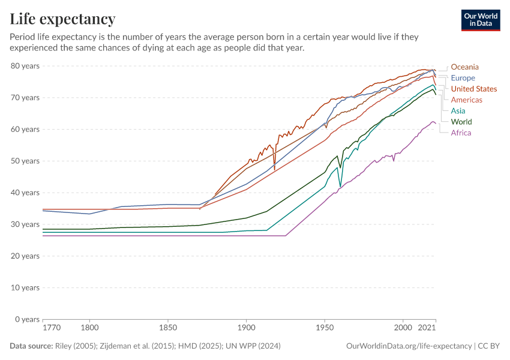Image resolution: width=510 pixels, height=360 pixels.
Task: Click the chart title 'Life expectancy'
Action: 62,19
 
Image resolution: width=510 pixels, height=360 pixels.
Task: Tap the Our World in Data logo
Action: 481,20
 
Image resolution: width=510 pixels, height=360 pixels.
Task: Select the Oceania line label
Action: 464,67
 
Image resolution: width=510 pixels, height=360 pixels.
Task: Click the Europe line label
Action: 463,78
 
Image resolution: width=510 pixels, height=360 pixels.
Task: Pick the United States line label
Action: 473,89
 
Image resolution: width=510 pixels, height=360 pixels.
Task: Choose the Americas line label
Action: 466,100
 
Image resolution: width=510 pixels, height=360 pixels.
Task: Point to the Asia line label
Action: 458,111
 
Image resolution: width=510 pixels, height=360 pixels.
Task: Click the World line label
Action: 461,122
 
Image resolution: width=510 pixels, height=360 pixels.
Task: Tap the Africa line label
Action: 461,133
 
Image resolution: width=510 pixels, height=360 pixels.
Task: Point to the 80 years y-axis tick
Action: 25,66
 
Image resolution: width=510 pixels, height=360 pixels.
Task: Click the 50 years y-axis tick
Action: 25,161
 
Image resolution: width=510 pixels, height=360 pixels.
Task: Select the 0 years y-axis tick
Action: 27,319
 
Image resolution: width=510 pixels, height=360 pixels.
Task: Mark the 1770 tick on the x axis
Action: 52,328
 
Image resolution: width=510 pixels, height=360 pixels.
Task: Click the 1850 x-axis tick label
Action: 167,328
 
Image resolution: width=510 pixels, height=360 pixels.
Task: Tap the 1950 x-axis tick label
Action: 325,328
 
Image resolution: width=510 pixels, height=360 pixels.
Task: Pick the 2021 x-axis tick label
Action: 426,328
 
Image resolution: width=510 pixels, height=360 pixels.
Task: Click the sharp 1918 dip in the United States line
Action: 275,169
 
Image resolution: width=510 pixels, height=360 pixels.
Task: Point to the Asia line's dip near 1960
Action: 340,186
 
